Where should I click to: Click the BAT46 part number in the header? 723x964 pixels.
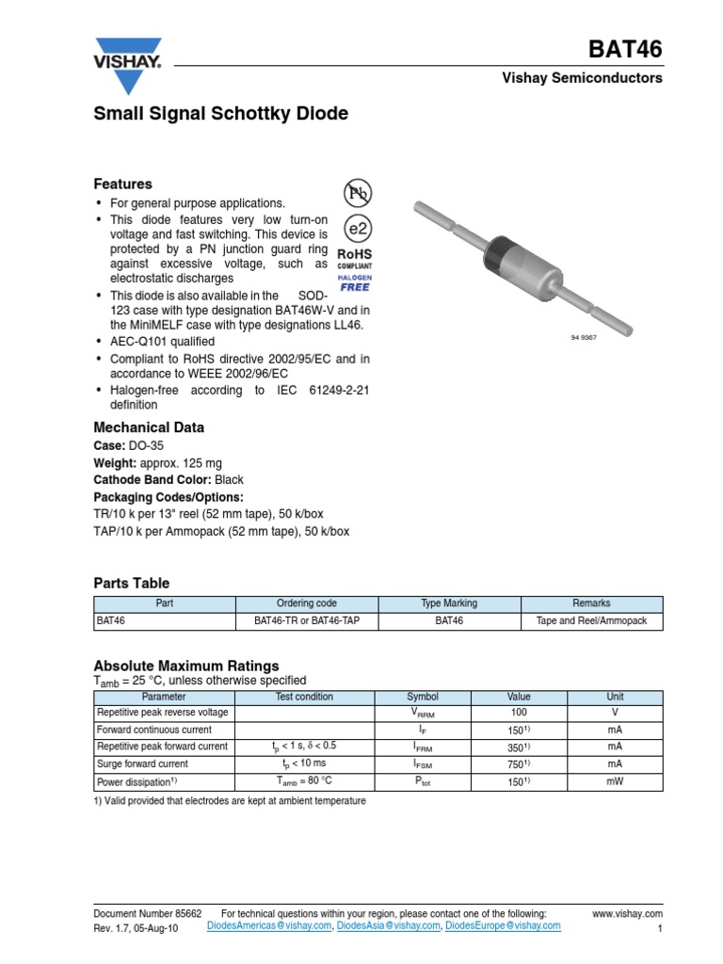pos(625,49)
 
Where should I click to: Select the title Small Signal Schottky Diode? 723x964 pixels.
pos(220,114)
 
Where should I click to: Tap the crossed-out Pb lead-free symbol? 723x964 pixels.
pos(357,193)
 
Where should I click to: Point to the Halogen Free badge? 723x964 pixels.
pos(355,282)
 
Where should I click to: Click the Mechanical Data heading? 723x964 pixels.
pos(149,427)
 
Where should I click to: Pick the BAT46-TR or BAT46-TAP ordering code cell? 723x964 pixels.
pos(307,621)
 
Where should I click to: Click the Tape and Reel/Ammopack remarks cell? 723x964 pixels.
pos(591,621)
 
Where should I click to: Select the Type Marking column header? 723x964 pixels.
pos(449,603)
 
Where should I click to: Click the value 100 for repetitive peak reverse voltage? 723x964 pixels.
pos(519,713)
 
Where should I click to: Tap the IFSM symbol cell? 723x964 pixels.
pos(423,764)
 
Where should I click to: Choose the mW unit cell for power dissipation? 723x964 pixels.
pos(615,781)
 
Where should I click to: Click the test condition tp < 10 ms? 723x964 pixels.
pos(304,763)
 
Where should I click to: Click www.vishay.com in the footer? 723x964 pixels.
pos(628,913)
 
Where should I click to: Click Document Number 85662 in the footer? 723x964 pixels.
pos(148,913)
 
